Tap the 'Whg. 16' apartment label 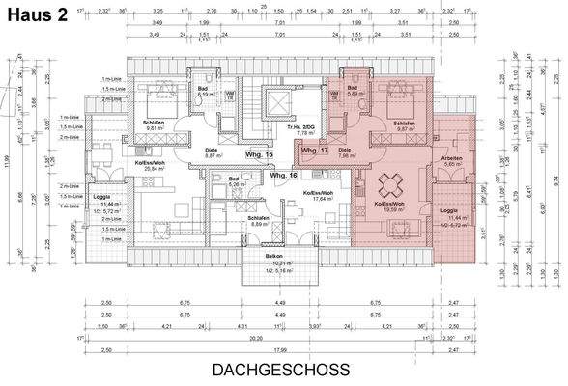[x=282, y=177]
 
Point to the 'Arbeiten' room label [x=451, y=160]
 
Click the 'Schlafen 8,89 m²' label [x=258, y=221]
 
